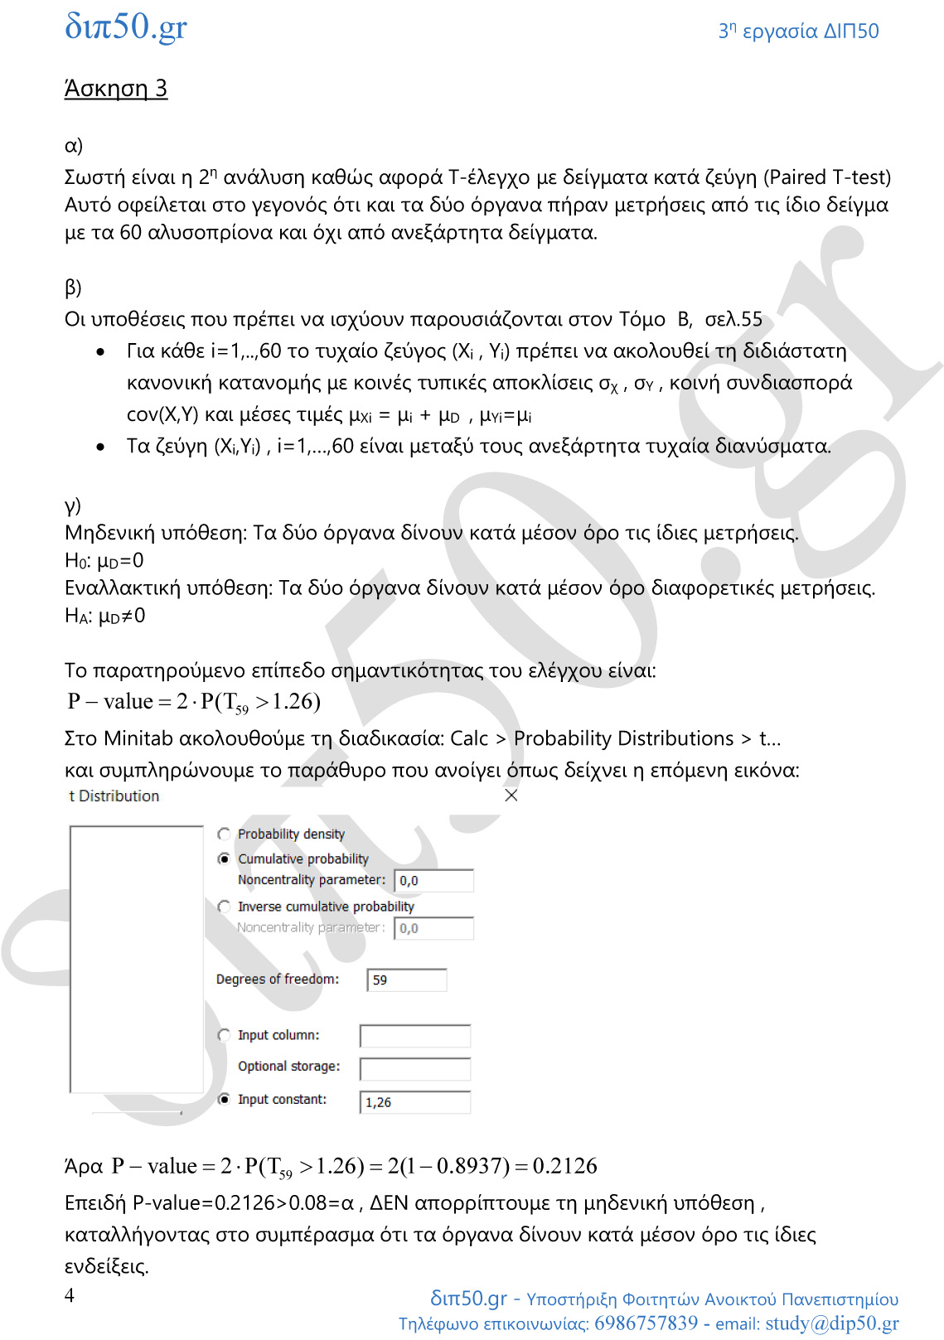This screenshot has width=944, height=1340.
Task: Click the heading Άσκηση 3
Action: pos(116,89)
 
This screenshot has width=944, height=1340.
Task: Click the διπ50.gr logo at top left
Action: pos(126,27)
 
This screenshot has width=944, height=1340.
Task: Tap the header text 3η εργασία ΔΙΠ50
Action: pos(798,31)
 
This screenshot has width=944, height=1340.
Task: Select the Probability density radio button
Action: pos(224,834)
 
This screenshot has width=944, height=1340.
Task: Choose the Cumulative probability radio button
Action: pos(224,859)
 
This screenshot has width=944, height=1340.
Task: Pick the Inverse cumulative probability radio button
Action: pos(224,907)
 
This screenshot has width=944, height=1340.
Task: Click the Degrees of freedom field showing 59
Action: pos(407,980)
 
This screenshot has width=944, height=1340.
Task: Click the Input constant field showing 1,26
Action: pos(415,1102)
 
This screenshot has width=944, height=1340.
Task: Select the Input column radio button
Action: pos(224,1035)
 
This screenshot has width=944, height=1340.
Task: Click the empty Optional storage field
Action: pos(415,1069)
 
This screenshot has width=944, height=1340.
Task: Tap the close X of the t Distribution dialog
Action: pos(511,796)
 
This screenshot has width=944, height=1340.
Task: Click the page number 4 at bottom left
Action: pos(70,1295)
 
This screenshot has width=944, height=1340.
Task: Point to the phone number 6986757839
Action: pos(646,1323)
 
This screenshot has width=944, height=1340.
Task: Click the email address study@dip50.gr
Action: pos(831,1323)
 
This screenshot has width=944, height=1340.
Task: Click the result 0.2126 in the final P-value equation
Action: pos(564,1166)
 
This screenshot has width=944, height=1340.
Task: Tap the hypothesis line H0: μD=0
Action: pos(104,561)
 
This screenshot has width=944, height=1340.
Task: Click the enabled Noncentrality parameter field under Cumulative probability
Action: pos(433,880)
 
